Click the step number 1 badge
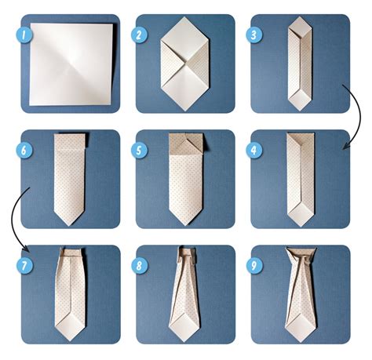coord(25,35)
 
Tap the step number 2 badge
coord(140,35)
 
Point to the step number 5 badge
coord(140,150)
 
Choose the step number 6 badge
coord(25,150)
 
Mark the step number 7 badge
coord(25,264)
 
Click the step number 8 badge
coord(140,264)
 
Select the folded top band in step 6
coord(70,140)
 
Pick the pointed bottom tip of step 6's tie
coord(70,224)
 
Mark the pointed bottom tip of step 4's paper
coord(301,225)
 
